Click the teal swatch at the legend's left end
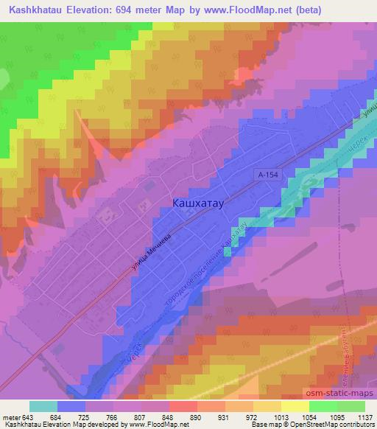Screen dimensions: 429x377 (43, 407)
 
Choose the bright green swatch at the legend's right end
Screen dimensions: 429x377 (351, 407)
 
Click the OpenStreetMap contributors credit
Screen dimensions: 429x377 (337, 425)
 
